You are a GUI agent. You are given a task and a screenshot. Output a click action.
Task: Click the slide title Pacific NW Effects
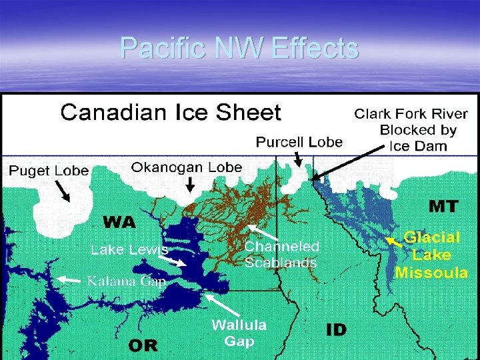point(239,48)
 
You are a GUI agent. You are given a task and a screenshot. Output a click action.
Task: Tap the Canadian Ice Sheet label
point(171,112)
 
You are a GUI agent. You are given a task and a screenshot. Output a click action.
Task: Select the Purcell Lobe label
point(299,142)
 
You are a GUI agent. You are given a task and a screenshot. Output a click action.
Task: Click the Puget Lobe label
point(49,171)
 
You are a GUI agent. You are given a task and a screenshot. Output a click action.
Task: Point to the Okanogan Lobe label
point(187,167)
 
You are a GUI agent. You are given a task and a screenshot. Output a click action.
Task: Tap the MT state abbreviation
point(443,206)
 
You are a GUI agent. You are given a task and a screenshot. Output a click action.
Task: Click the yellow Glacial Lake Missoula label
point(431,255)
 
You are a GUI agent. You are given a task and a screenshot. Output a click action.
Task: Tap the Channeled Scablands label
point(281,254)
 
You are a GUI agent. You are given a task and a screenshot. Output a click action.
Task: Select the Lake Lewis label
point(129,250)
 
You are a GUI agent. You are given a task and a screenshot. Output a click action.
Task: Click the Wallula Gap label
point(239,333)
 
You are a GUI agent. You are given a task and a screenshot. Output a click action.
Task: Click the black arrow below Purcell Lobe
point(299,159)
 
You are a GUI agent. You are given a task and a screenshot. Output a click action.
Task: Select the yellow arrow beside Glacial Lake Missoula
point(394,242)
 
